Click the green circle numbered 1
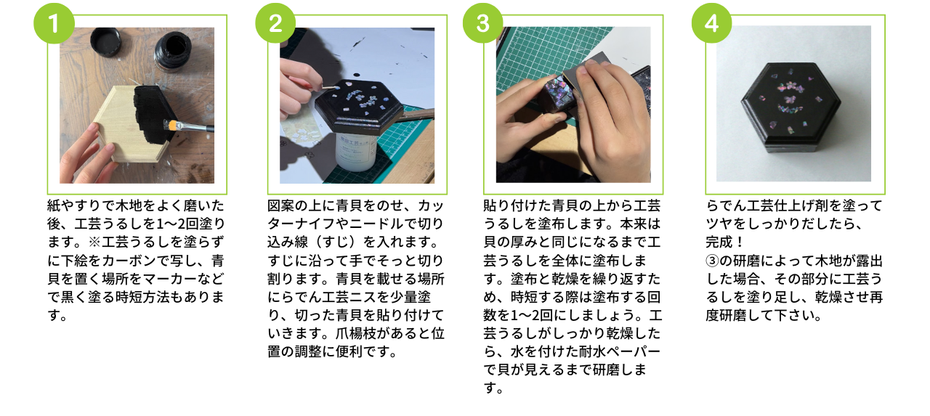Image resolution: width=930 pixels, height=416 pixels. click(54, 23)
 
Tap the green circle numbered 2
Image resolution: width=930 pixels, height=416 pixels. click(275, 23)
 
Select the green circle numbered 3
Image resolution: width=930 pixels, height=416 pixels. click(483, 23)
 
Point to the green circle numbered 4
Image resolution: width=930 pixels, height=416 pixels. click(711, 23)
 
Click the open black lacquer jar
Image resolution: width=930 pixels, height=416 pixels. click(172, 52)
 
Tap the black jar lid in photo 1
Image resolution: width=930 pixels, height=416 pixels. click(106, 41)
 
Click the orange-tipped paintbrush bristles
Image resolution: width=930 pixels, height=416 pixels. click(170, 124)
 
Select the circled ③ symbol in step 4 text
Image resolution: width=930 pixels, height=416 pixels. click(712, 261)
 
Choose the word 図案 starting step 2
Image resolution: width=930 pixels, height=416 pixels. click(280, 205)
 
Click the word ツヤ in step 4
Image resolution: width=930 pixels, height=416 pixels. click(719, 224)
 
